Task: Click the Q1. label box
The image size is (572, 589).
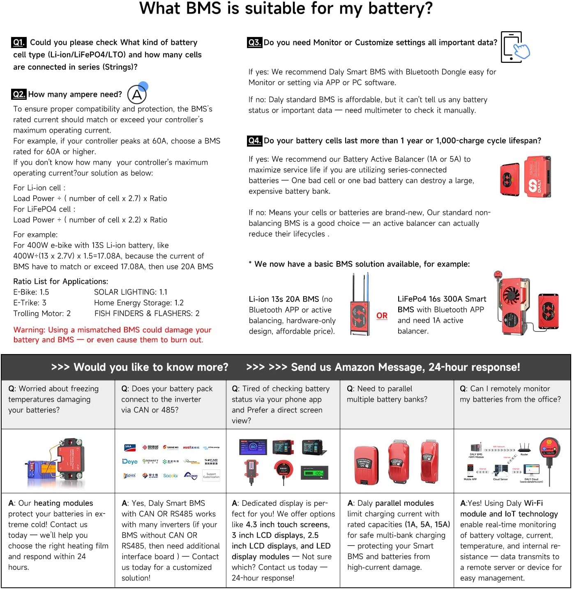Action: [19, 42]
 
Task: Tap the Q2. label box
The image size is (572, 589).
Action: [19, 94]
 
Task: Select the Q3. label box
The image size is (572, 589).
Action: [254, 42]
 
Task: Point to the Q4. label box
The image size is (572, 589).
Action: [254, 140]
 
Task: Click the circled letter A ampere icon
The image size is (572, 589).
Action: [137, 95]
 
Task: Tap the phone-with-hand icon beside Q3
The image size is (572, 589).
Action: [514, 47]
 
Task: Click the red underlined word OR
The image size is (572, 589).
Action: [382, 315]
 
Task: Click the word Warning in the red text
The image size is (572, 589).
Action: [29, 330]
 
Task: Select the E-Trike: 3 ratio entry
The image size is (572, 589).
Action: [30, 303]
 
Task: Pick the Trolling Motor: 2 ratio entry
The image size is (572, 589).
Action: [42, 313]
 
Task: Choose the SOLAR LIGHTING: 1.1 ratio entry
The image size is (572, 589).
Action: [131, 292]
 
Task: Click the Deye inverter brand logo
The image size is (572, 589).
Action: [130, 462]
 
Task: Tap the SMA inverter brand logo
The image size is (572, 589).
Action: [128, 447]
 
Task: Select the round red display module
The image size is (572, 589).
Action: [284, 468]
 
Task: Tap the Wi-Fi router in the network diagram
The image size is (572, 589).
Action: [524, 448]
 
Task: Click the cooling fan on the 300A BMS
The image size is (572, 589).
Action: [512, 294]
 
